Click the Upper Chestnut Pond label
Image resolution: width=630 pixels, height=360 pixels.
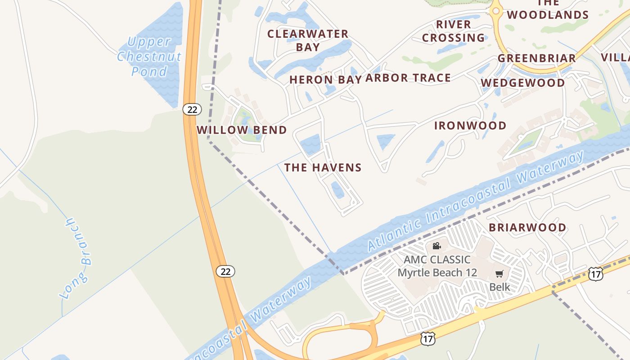(x=149, y=56)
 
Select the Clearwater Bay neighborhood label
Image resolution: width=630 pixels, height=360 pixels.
(x=308, y=40)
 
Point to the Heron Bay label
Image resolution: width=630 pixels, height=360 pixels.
(x=325, y=80)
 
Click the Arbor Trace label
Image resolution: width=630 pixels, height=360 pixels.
(x=408, y=78)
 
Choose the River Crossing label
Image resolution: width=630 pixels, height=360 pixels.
(x=454, y=31)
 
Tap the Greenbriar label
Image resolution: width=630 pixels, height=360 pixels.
(x=536, y=58)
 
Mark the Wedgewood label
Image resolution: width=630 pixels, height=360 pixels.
(x=522, y=83)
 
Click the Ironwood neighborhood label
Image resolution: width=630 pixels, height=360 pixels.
(x=470, y=126)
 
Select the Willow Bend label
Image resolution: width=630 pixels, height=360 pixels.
(x=242, y=130)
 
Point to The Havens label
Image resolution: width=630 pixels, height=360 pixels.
(x=323, y=168)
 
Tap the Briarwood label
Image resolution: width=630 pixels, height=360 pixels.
(x=527, y=227)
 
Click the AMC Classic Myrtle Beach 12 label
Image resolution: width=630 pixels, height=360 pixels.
(x=437, y=266)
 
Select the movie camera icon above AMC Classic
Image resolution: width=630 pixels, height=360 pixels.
(x=436, y=246)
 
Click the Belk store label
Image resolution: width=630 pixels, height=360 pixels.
(x=499, y=287)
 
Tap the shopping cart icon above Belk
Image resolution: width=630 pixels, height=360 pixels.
(x=499, y=274)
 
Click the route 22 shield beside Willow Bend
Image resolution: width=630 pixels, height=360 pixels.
(x=192, y=109)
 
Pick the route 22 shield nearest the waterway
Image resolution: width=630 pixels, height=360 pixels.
(x=225, y=271)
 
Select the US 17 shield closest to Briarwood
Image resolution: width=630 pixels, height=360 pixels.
(x=595, y=274)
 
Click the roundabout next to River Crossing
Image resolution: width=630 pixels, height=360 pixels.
(x=496, y=10)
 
